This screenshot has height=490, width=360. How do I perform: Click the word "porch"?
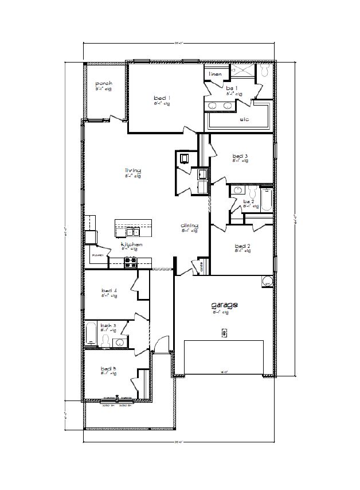104,84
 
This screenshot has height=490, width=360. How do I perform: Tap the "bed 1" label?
162,98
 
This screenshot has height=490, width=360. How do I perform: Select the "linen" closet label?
215,74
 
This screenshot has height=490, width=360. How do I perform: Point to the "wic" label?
244,120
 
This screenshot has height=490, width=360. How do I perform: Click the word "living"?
133,170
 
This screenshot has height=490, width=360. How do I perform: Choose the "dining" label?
189,225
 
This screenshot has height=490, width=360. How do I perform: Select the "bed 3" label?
240,156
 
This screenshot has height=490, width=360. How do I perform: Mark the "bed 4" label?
109,291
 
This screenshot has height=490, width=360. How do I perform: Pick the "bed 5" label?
108,368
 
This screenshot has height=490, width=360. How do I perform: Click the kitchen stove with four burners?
131,262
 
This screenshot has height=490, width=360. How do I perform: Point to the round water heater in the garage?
267,282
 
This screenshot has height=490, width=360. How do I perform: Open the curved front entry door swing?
163,343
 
